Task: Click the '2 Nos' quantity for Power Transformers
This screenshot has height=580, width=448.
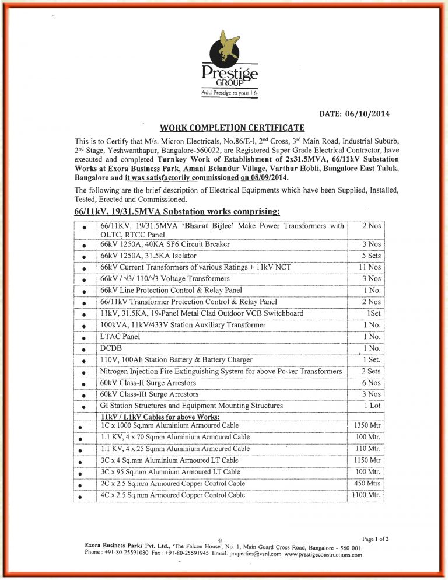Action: [371, 226]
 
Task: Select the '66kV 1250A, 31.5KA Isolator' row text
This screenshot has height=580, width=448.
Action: [148, 256]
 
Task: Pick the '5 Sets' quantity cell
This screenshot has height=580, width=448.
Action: [371, 256]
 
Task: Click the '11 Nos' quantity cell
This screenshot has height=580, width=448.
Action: [371, 267]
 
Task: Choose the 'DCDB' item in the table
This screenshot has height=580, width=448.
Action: [111, 348]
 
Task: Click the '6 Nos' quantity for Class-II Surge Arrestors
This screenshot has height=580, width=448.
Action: [371, 383]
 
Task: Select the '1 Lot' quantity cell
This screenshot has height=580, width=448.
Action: [372, 406]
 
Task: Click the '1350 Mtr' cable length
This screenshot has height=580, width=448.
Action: [366, 425]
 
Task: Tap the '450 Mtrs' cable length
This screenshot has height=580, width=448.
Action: [367, 484]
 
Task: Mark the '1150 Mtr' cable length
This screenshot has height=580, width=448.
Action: [366, 460]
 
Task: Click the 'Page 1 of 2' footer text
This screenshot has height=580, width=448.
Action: [376, 539]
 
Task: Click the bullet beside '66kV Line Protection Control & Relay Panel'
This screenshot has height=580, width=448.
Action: [85, 291]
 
